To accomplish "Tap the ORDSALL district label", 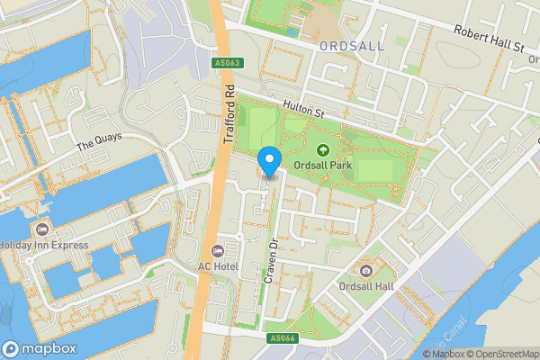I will tap(351, 45).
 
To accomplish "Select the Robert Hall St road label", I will tap(488, 40).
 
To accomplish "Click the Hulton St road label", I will tap(302, 109).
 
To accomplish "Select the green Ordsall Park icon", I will tap(323, 150).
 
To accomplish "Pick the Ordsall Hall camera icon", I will tap(365, 271).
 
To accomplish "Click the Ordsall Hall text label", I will tap(365, 286).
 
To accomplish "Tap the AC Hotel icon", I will tap(216, 250).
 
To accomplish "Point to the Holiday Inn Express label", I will tap(43, 245).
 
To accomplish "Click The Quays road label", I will tap(98, 142).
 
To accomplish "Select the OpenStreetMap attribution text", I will tap(499, 354).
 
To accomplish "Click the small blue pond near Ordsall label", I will tap(292, 32).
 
